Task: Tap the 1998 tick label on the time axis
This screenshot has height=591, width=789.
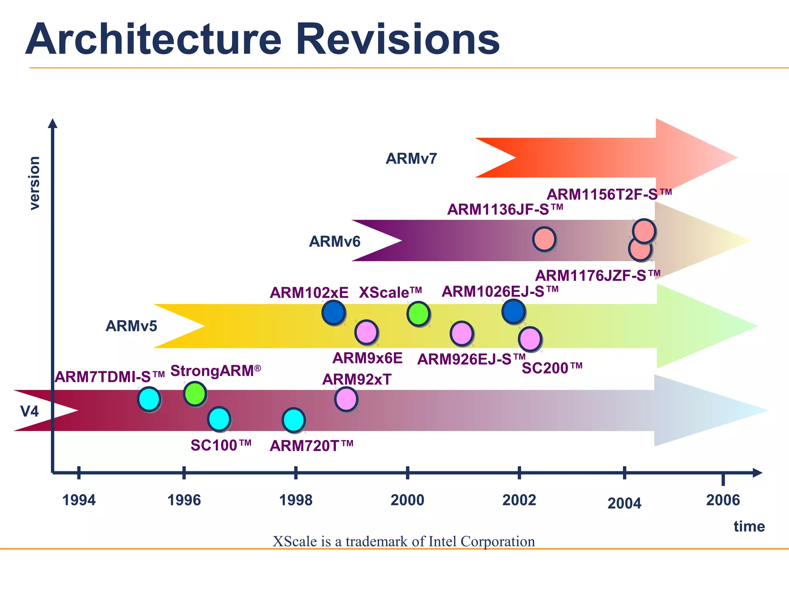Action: (x=295, y=500)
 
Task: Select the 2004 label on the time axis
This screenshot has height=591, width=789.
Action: (x=624, y=503)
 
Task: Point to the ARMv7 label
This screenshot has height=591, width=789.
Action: (x=411, y=159)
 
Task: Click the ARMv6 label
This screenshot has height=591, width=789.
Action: (x=334, y=242)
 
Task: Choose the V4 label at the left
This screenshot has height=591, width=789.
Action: (x=29, y=411)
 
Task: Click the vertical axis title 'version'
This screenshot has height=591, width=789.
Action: (x=34, y=183)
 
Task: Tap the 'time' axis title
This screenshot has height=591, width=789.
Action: (x=749, y=526)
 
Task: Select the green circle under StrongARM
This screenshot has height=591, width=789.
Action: (x=195, y=394)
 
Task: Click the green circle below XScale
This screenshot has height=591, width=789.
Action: (x=418, y=314)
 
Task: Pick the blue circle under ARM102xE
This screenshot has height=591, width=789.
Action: (x=333, y=313)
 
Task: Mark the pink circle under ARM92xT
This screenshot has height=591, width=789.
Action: (x=346, y=399)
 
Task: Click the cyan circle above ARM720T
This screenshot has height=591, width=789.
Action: (x=294, y=420)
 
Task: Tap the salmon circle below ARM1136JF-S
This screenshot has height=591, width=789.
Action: (x=544, y=239)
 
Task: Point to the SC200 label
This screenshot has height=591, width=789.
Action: (x=552, y=368)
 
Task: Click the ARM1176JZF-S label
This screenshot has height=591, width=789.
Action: (x=598, y=276)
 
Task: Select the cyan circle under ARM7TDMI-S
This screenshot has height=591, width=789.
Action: (x=149, y=399)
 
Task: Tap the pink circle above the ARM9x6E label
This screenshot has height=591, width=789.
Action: (x=366, y=332)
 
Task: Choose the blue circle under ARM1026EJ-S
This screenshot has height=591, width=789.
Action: (x=514, y=311)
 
